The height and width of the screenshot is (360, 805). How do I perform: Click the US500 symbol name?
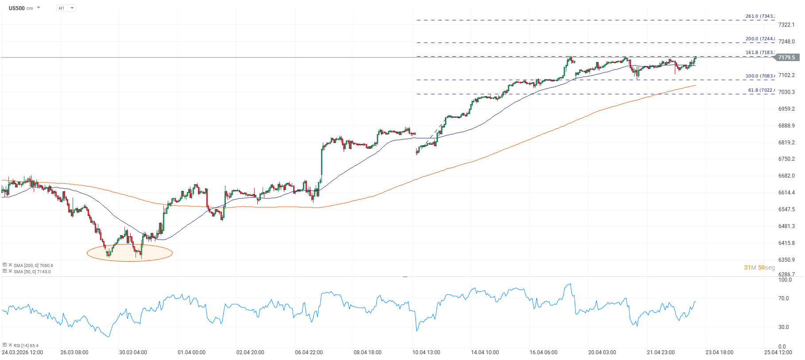(x=17, y=8)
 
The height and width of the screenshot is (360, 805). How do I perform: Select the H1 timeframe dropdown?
(x=66, y=8)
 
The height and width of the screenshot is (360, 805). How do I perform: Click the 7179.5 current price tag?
(x=786, y=58)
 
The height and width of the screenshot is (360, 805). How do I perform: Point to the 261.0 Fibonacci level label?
(x=760, y=16)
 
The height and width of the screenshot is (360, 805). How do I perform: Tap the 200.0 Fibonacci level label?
(x=760, y=39)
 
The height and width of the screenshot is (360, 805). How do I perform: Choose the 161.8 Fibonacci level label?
(x=760, y=53)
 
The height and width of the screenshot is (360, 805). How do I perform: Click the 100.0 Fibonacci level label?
(x=760, y=76)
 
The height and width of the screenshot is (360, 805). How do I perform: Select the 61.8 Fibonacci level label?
(x=761, y=90)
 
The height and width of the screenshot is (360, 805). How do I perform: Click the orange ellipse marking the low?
(x=129, y=253)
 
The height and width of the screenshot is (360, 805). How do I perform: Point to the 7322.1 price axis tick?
(x=786, y=25)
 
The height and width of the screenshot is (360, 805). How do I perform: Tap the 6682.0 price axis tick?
(x=786, y=176)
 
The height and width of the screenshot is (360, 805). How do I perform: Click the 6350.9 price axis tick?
(x=786, y=260)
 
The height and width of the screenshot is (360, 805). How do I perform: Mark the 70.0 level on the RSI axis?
(x=783, y=298)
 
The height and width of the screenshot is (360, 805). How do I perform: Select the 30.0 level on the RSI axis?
(x=783, y=327)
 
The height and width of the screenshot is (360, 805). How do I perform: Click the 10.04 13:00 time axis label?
(x=426, y=352)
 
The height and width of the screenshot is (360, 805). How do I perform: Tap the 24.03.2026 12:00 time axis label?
(x=23, y=352)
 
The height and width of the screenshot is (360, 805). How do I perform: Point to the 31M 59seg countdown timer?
(x=759, y=267)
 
